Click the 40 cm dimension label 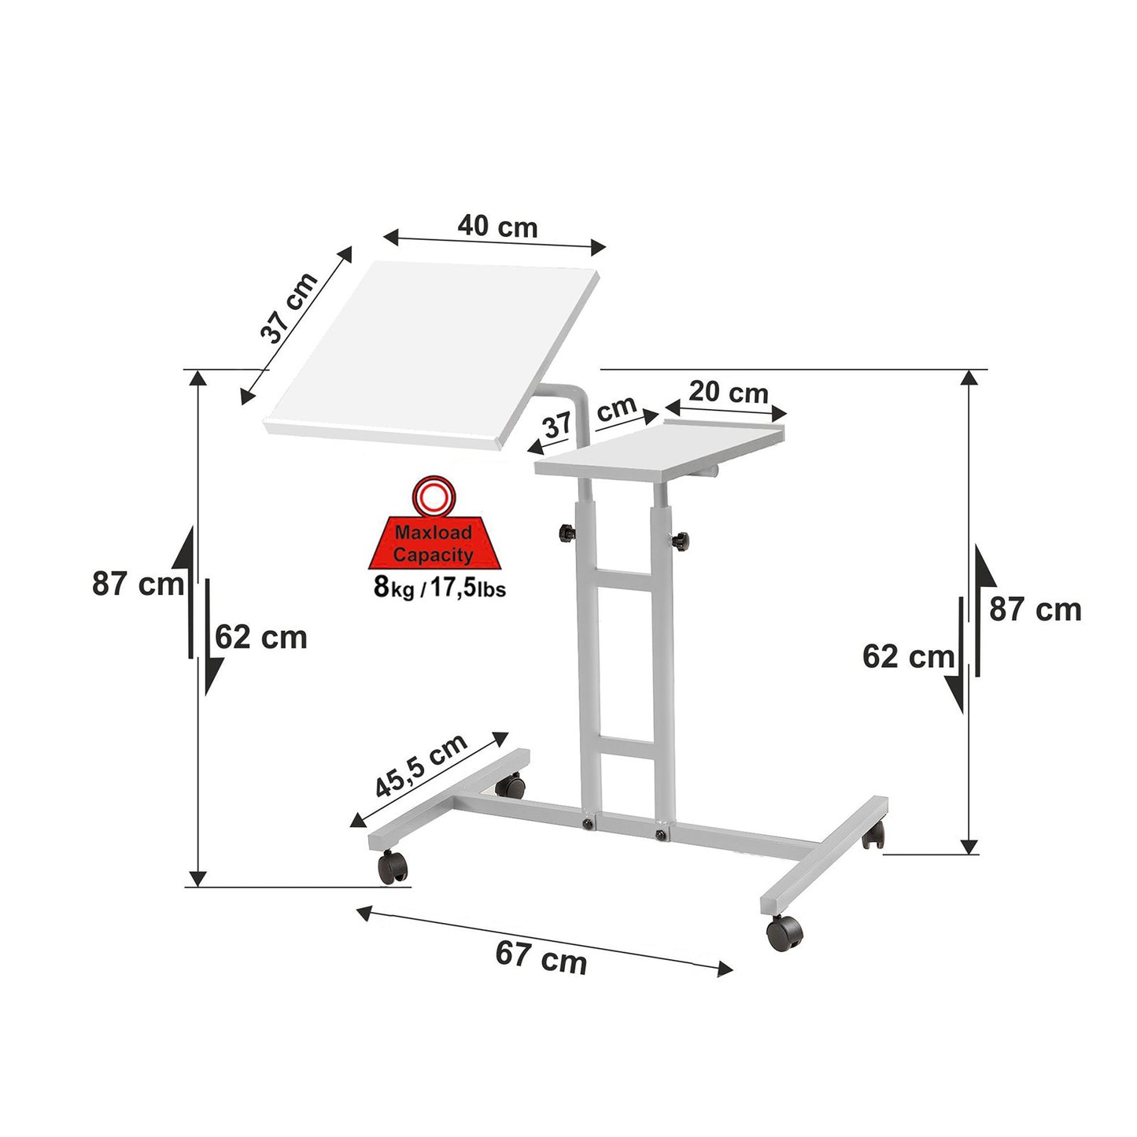pyautogui.click(x=497, y=226)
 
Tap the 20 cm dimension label pyautogui.click(x=729, y=393)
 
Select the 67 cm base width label pyautogui.click(x=541, y=957)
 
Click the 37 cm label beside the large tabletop pyautogui.click(x=289, y=308)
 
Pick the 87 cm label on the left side pyautogui.click(x=138, y=584)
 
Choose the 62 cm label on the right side pyautogui.click(x=908, y=656)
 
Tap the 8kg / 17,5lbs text pyautogui.click(x=440, y=587)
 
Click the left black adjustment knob pyautogui.click(x=567, y=533)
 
